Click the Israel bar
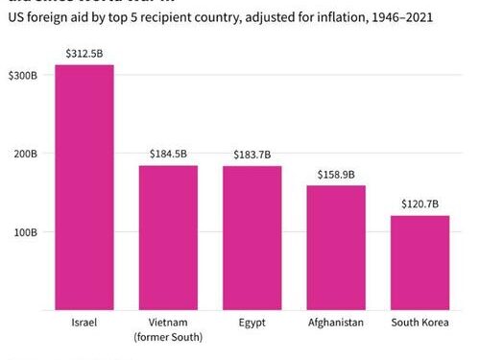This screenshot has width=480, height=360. tap(84, 187)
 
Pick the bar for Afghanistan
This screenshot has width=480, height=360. tap(336, 248)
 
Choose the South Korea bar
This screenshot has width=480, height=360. tap(420, 263)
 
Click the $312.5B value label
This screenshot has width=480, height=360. tap(84, 54)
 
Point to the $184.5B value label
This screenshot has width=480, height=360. tap(168, 155)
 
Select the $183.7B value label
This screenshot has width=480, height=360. tap(252, 155)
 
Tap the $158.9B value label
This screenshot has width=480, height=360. tap(336, 175)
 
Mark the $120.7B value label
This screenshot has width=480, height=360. tap(420, 204)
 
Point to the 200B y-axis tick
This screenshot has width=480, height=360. tap(25, 154)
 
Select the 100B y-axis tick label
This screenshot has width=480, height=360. tap(25, 232)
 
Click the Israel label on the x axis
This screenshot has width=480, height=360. tap(84, 323)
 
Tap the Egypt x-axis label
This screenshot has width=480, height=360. tap(252, 323)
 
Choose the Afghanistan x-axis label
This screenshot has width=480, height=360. tap(336, 323)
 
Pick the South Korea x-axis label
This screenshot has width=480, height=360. tap(420, 323)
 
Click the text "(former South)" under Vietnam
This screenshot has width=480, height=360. tap(168, 337)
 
